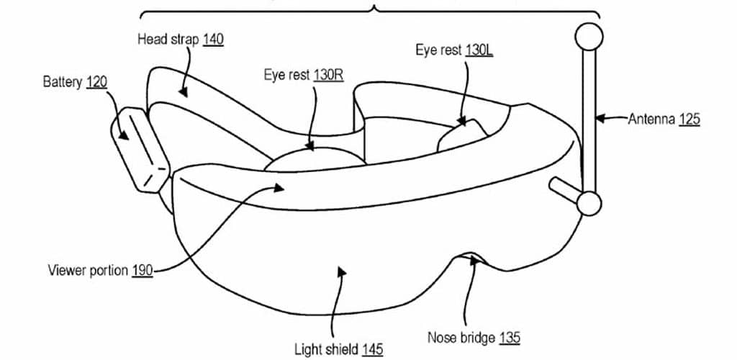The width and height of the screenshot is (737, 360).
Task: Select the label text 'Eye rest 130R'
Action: (x=303, y=76)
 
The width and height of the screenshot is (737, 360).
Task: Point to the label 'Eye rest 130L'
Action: (x=454, y=50)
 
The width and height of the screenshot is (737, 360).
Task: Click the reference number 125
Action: (x=688, y=120)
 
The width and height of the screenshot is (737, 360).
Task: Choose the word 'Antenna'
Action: (x=651, y=120)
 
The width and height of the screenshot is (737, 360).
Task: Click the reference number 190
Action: (x=143, y=271)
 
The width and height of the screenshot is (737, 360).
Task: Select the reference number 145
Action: (x=372, y=350)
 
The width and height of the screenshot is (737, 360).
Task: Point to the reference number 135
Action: (x=507, y=337)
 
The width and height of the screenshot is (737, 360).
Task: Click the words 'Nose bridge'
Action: (x=460, y=337)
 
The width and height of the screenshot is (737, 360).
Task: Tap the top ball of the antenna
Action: (x=588, y=36)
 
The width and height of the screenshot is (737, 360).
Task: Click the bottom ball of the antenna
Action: (x=588, y=203)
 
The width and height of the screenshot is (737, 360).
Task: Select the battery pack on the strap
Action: (x=138, y=148)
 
